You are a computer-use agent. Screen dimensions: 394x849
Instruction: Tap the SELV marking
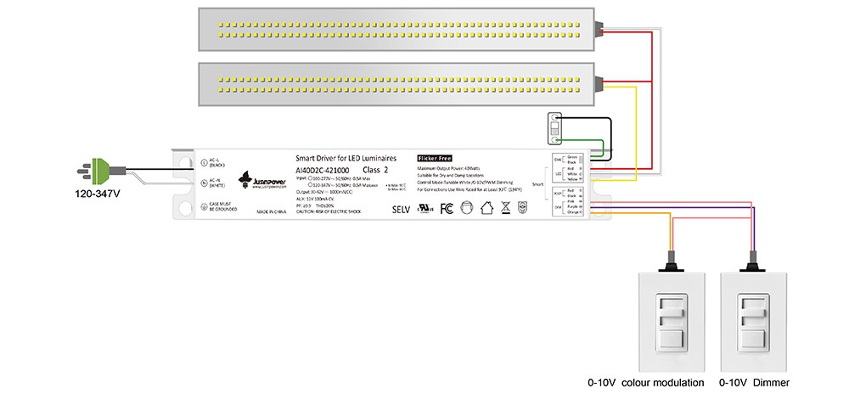point(400,208)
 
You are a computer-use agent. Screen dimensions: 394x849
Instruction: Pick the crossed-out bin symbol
point(505,208)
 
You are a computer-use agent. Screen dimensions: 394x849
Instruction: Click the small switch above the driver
point(554,129)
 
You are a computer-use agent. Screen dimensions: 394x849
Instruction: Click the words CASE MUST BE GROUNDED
point(223,206)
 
